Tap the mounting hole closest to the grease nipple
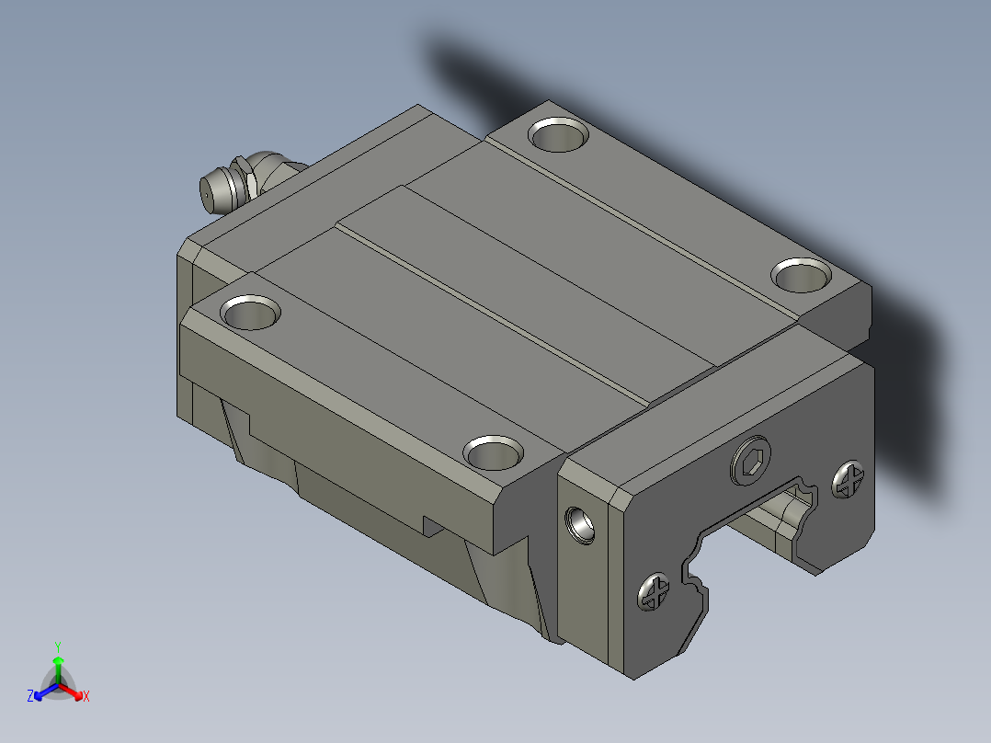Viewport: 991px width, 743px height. click(250, 313)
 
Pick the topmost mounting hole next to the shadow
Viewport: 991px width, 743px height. click(559, 134)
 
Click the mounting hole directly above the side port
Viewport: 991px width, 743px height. click(493, 452)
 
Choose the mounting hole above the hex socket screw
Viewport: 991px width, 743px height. click(802, 275)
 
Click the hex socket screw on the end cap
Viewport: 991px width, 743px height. click(751, 461)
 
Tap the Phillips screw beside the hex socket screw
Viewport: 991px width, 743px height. click(849, 480)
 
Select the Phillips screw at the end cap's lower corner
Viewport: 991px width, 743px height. click(654, 592)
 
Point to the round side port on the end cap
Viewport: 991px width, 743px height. click(579, 525)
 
